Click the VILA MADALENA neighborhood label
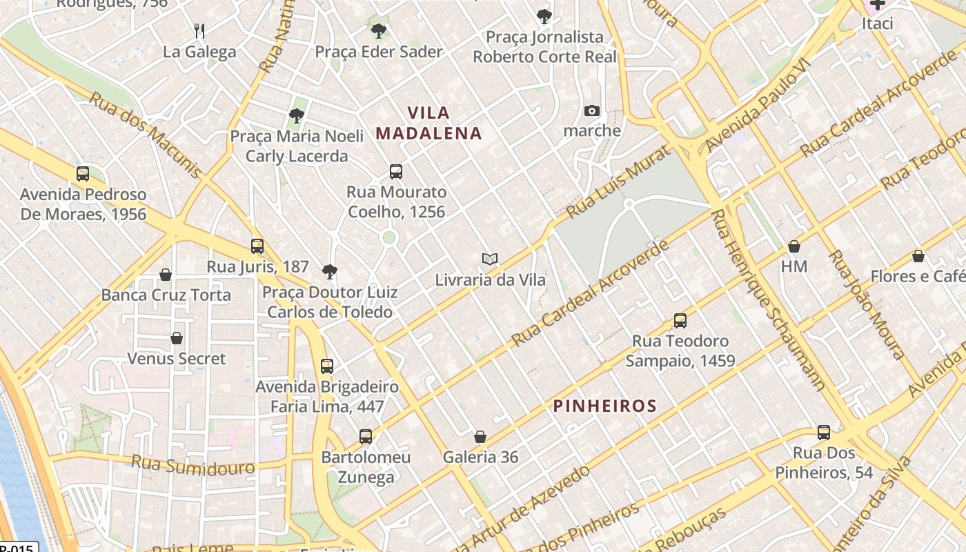click(x=428, y=123)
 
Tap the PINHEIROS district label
click(x=605, y=406)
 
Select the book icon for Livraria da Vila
click(x=490, y=259)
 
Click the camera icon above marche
click(x=592, y=111)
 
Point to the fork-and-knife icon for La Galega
click(x=199, y=31)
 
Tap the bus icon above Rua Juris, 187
click(x=257, y=246)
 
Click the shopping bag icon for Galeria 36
click(x=480, y=437)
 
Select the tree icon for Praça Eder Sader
click(x=378, y=31)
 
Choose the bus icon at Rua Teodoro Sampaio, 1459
click(x=680, y=321)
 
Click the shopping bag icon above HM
click(x=794, y=246)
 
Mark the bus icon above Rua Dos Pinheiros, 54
click(x=824, y=433)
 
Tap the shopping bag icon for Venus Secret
click(x=177, y=338)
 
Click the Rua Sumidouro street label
click(x=193, y=464)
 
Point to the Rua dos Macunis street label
click(x=145, y=135)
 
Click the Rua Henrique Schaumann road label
click(x=768, y=300)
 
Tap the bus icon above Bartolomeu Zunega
click(x=366, y=437)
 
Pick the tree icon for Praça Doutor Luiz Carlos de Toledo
click(x=330, y=272)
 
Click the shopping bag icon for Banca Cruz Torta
click(x=166, y=275)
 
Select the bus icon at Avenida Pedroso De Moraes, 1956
click(x=83, y=174)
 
